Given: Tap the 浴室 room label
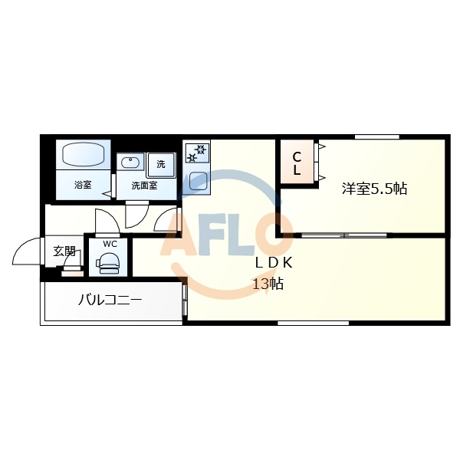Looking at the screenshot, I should [x=83, y=186].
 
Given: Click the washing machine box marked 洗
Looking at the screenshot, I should [x=161, y=163].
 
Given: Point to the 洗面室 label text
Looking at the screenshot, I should [x=144, y=186].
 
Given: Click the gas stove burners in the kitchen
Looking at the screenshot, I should [x=197, y=153].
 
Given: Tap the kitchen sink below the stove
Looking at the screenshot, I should [x=197, y=182].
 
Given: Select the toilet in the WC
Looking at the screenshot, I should [x=109, y=263].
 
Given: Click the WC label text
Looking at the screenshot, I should [x=110, y=244].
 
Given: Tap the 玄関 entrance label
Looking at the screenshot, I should [x=64, y=251].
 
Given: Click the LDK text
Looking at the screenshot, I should [x=274, y=262].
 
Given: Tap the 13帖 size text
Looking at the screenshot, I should [x=268, y=284].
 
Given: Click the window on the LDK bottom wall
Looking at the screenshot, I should [x=307, y=323].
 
